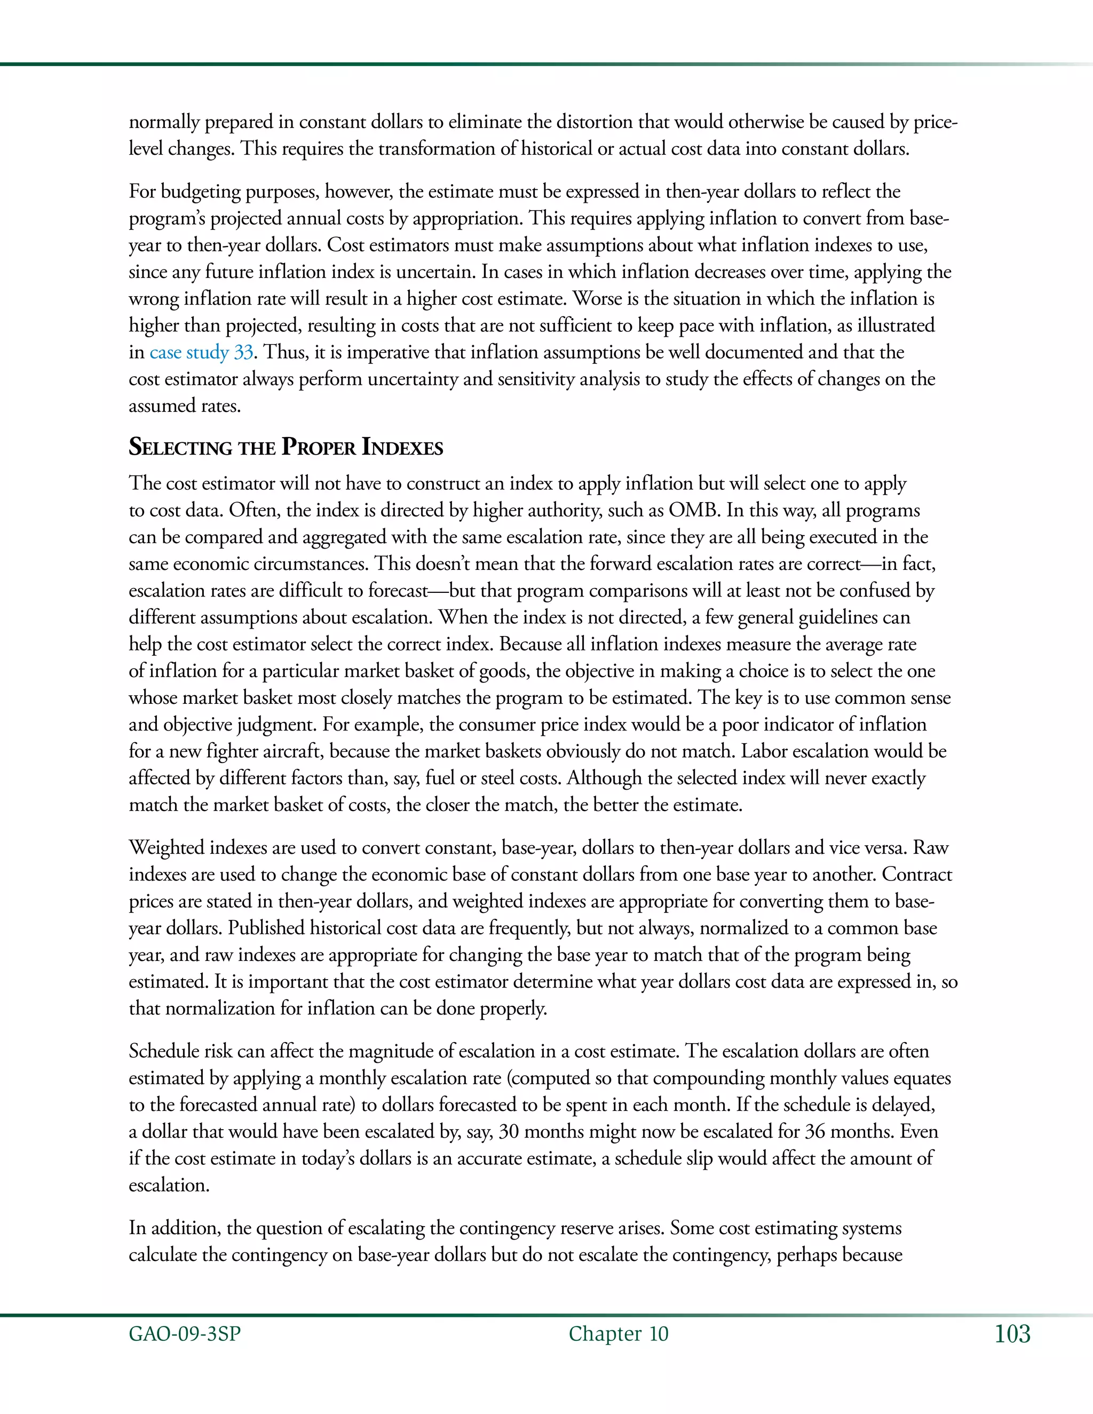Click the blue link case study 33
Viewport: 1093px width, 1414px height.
pos(201,352)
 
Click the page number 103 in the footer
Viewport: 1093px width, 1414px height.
pos(1012,1334)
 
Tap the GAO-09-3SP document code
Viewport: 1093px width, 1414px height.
pos(185,1334)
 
